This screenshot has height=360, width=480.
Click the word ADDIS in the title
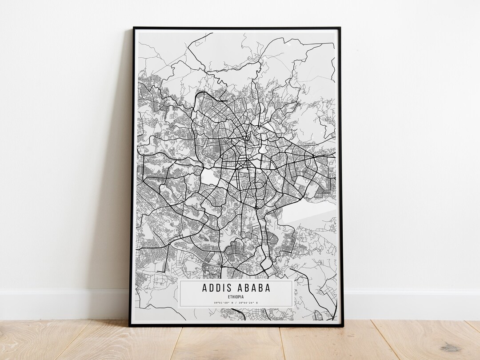217,288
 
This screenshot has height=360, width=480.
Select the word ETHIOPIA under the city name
236,297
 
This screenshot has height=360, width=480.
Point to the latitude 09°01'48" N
221,303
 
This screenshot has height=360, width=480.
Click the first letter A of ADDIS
204,288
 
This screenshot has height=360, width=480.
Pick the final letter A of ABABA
268,288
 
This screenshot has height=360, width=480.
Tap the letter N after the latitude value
232,303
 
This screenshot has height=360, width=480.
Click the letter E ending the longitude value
257,303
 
